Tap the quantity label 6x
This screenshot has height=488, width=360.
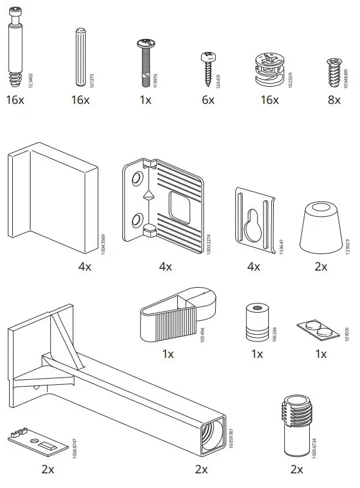tap(208, 100)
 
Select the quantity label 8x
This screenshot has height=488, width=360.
tap(334, 100)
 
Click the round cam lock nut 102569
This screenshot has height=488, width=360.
tap(268, 71)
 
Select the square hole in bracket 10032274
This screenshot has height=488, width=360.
tap(180, 206)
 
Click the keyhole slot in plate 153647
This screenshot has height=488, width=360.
tap(251, 227)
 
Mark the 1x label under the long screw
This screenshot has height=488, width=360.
tap(145, 100)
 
